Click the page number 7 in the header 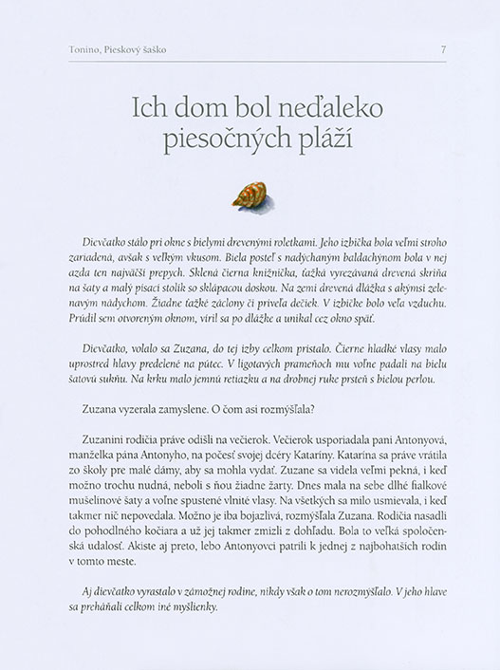pos(444,48)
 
